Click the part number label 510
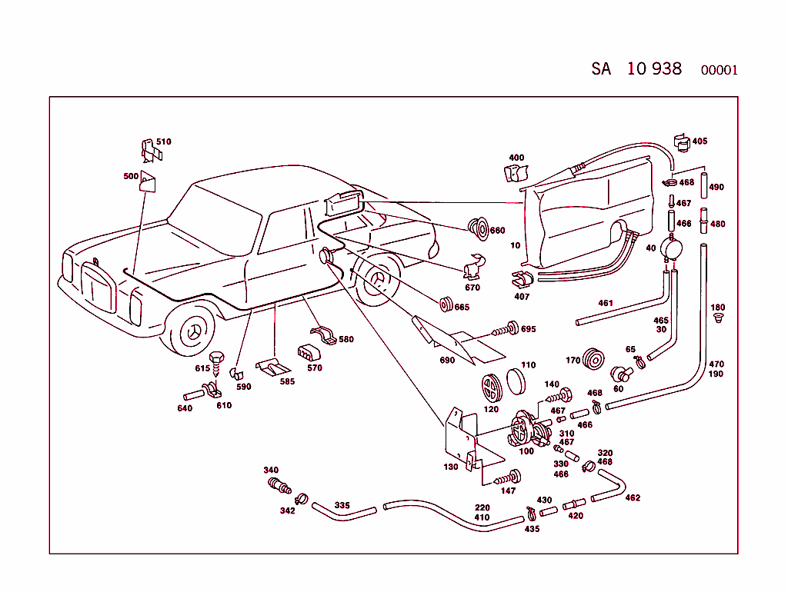(x=164, y=141)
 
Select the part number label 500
(x=131, y=176)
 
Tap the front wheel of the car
(x=190, y=331)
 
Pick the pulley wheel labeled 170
(x=594, y=359)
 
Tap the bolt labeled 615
(x=216, y=359)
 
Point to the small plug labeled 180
(x=718, y=316)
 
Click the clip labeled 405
(x=680, y=142)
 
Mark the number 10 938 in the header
(x=654, y=68)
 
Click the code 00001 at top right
(x=719, y=70)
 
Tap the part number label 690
(x=447, y=360)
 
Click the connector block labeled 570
(x=307, y=353)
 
